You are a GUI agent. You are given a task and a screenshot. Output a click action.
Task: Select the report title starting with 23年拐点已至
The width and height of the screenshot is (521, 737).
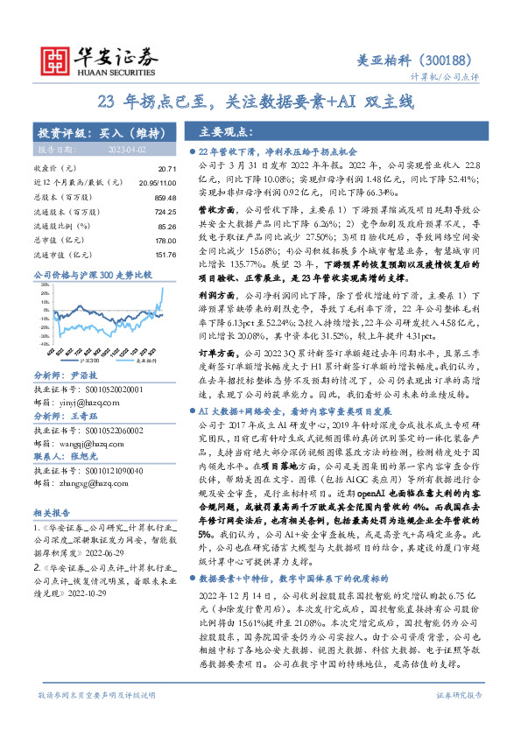pos(260,102)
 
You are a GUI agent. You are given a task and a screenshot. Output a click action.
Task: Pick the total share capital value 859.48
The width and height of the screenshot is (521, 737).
pos(165,198)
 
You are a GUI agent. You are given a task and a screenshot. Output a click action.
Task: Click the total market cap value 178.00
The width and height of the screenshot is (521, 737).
pos(165,241)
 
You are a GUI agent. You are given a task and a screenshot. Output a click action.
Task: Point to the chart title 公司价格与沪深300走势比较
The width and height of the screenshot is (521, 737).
pos(92,276)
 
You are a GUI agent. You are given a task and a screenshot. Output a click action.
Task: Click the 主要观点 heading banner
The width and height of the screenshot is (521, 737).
pos(223,133)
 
